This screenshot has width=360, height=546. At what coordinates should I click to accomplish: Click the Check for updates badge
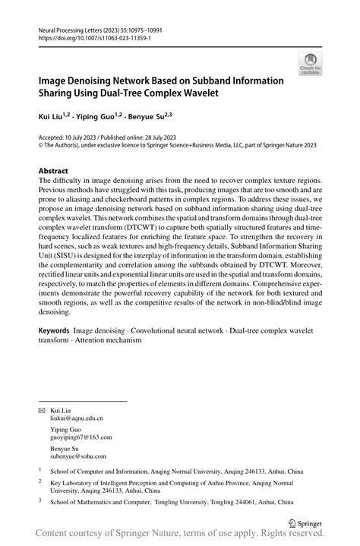pyautogui.click(x=311, y=65)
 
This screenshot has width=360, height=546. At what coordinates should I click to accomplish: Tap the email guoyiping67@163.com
pyautogui.click(x=81, y=437)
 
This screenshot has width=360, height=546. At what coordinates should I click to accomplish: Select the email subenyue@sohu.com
pyautogui.click(x=78, y=457)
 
